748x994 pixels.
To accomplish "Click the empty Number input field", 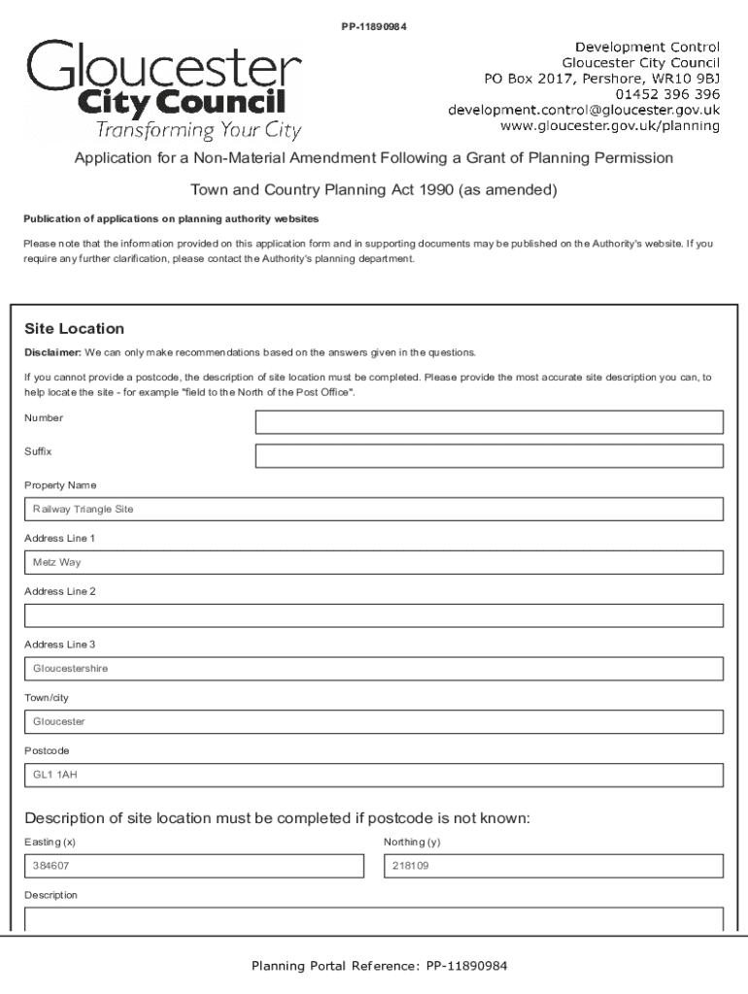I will (x=489, y=422).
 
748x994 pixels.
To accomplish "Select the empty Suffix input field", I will (x=489, y=456).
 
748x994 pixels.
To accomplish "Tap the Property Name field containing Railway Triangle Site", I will (x=374, y=510).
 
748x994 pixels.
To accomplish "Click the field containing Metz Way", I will (x=374, y=563).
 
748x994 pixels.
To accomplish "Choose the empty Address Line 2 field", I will (x=374, y=615).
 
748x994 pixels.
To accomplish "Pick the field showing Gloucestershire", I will (x=374, y=669).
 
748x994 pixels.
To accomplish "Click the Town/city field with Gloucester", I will (x=374, y=722).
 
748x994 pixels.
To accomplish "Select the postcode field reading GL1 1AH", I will (x=374, y=776).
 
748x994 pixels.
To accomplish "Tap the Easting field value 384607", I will (x=192, y=866).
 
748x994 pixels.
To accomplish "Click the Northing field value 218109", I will (x=554, y=866).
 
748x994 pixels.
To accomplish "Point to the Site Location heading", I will (x=74, y=329).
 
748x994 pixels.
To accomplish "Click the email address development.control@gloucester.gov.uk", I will (x=583, y=110).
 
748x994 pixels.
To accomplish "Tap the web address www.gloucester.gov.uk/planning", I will (x=609, y=125).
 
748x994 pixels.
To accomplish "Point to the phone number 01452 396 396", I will (x=667, y=94).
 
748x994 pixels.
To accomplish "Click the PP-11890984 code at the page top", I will (x=373, y=26).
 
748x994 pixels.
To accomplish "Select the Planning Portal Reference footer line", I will (x=379, y=966).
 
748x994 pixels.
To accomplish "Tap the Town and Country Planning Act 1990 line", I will (x=373, y=190).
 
